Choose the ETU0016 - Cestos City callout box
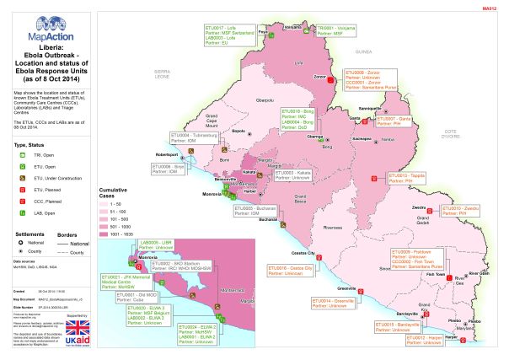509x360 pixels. pyautogui.click(x=290, y=271)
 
